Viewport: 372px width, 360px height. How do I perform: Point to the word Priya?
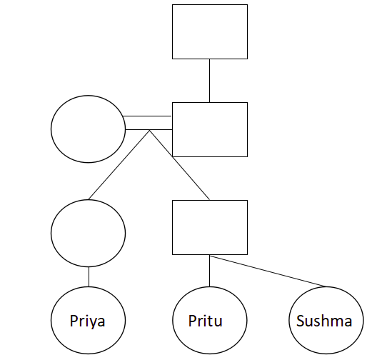(x=87, y=321)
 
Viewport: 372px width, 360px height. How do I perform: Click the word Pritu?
(x=205, y=321)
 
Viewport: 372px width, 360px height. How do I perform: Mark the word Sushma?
(x=324, y=321)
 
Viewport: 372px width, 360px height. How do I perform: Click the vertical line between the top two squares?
(x=209, y=81)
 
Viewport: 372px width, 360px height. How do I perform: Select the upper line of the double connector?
(x=147, y=116)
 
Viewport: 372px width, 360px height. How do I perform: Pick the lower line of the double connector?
(x=149, y=129)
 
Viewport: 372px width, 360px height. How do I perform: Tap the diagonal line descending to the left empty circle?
(x=119, y=165)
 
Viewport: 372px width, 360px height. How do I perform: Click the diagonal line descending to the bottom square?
(x=179, y=165)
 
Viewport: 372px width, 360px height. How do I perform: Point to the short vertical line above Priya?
(x=89, y=276)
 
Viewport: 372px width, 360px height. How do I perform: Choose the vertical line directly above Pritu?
(x=209, y=271)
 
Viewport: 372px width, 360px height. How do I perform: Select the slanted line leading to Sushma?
(x=268, y=271)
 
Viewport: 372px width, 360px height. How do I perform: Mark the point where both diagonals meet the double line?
(x=149, y=130)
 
